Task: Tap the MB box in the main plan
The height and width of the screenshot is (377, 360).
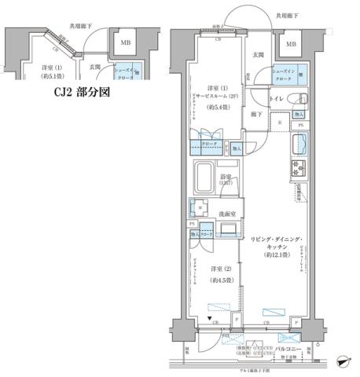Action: [x=291, y=44]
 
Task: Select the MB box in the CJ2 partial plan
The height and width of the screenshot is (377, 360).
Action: [x=125, y=42]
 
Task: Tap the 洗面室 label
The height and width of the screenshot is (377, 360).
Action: [x=229, y=212]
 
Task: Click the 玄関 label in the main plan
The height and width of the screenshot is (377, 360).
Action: [x=258, y=55]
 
